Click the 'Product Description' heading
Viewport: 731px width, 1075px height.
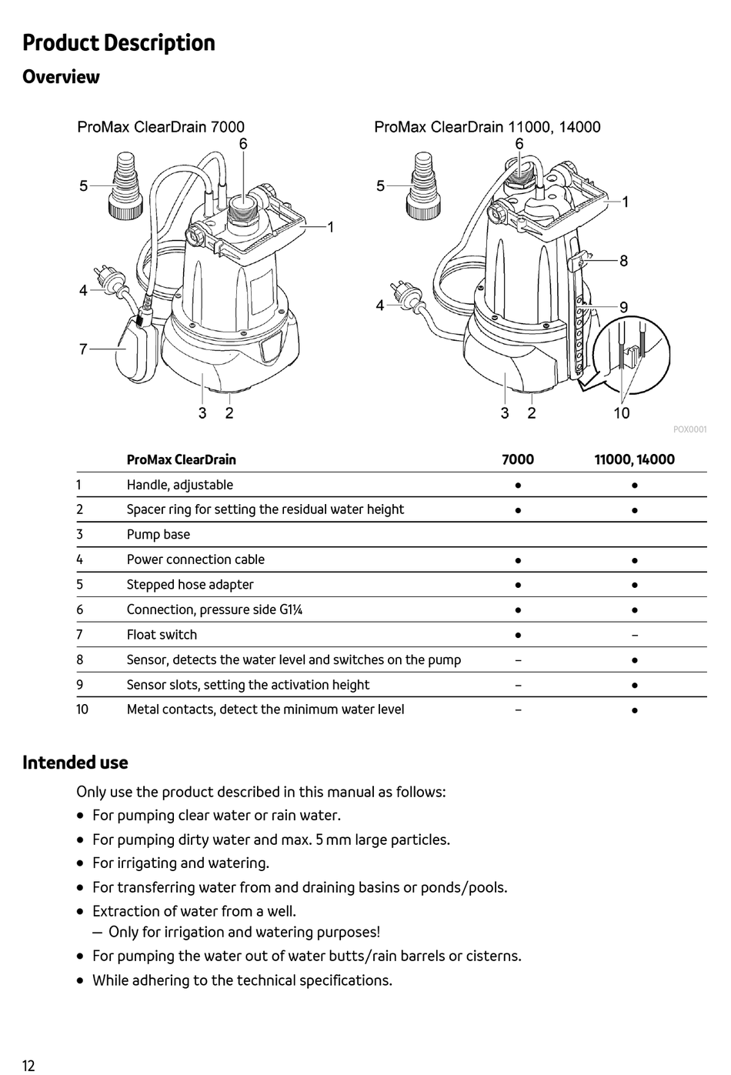click(x=118, y=43)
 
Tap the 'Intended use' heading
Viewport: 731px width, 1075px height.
click(x=75, y=763)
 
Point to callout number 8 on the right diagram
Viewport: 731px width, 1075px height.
click(x=623, y=261)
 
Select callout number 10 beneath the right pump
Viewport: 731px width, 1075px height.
click(x=621, y=413)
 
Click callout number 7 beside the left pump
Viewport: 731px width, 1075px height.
click(x=83, y=349)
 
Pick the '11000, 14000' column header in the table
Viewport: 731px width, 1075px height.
click(x=634, y=459)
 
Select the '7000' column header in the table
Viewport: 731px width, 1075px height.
click(x=517, y=459)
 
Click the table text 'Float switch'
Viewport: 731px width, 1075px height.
click(x=162, y=635)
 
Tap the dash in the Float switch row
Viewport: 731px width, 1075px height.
click(x=634, y=635)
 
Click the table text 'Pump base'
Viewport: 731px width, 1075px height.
click(x=158, y=535)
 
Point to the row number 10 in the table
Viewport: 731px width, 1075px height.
click(x=82, y=709)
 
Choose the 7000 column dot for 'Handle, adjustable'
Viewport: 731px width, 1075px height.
click(x=518, y=486)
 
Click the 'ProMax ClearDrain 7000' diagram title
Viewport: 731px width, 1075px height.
click(x=161, y=127)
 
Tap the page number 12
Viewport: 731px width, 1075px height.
click(x=28, y=1065)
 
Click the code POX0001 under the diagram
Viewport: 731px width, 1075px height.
click(x=689, y=429)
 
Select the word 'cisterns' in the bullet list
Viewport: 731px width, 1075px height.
click(x=491, y=956)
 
